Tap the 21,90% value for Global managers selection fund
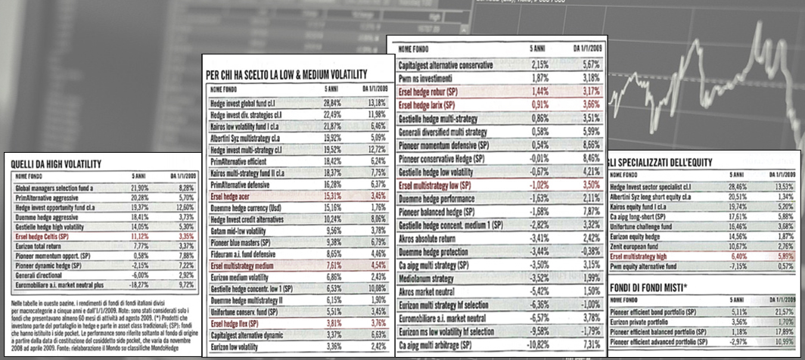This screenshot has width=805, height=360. (x=138, y=186)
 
